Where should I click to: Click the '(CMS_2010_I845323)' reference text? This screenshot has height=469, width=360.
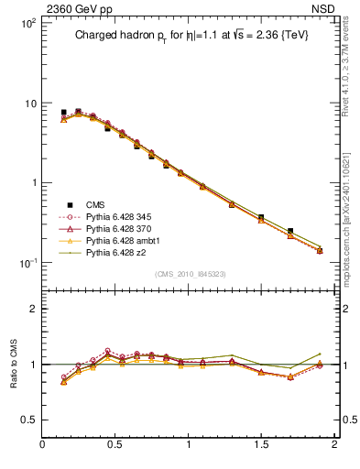click(190, 274)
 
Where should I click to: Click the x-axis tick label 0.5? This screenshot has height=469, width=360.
click(115, 446)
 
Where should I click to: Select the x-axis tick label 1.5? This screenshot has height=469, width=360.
click(261, 446)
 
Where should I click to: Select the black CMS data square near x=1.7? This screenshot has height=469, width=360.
click(290, 231)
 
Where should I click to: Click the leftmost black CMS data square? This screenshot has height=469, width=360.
click(63, 112)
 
